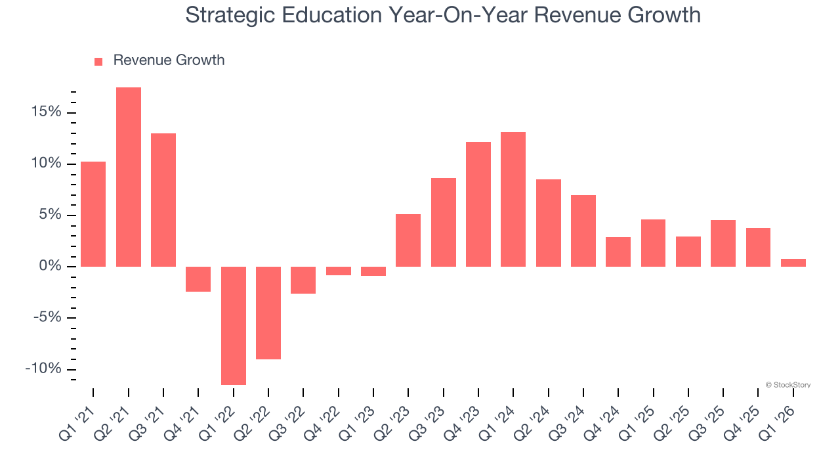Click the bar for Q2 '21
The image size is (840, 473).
coord(129,177)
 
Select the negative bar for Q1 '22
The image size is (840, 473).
coord(234,325)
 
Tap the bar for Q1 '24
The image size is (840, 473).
coord(513,199)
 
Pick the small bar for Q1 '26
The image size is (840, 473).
coord(793,263)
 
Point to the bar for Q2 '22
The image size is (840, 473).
coord(268,313)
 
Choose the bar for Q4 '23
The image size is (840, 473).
coord(478,204)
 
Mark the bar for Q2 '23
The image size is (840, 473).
coord(408,240)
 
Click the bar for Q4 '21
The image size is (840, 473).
coord(198,279)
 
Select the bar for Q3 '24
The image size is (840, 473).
coord(583,231)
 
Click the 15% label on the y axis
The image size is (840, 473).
coord(45,112)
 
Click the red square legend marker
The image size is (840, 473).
coord(98,61)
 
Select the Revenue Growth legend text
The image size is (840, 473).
coord(169,60)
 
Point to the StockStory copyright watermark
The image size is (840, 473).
coord(787,385)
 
